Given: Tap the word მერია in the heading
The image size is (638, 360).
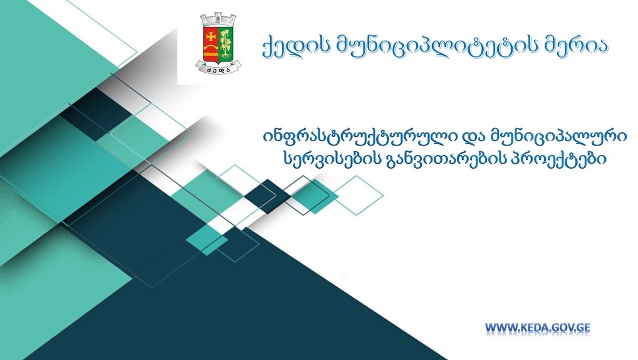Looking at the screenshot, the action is point(576,46).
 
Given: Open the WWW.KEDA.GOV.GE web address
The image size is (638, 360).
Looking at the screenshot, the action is point(537,328).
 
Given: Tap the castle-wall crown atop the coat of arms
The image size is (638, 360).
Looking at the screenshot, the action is point(219,20).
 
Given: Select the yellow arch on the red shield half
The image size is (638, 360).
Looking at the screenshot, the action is point(211,47).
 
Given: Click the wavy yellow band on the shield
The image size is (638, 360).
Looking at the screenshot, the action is point(211,55).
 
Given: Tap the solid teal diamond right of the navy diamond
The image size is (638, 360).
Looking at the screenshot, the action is point(315,196).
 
